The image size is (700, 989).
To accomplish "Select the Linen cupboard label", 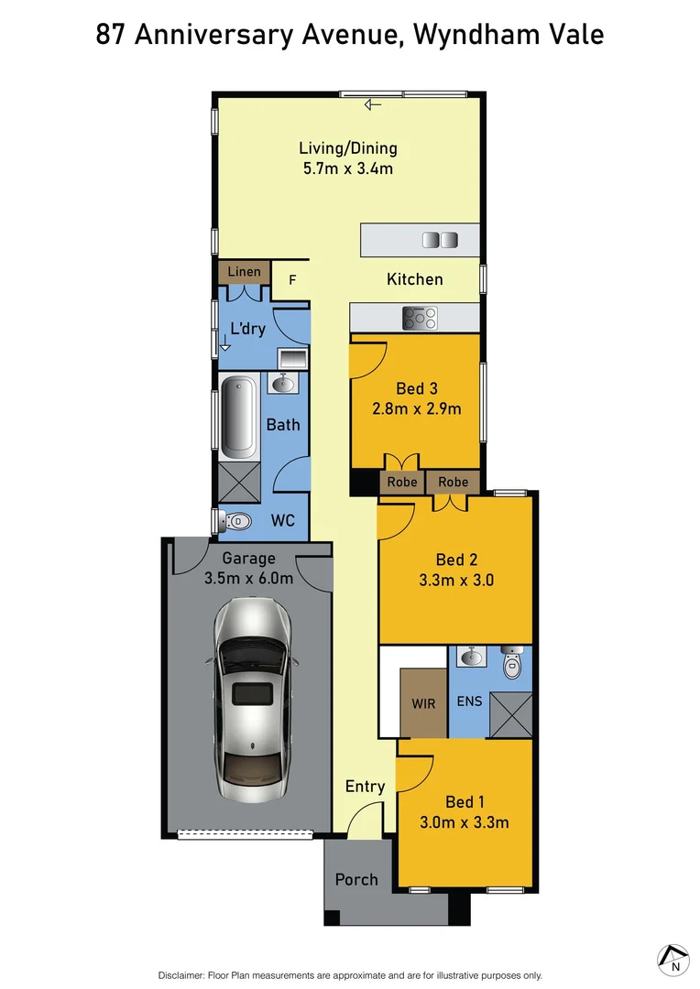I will (244, 272).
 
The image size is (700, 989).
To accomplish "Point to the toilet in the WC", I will (236, 521).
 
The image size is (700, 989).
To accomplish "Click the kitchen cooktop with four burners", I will (420, 319).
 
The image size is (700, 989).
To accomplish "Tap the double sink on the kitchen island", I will (438, 240).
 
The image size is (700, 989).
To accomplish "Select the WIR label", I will (423, 703).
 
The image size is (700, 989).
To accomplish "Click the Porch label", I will (356, 879).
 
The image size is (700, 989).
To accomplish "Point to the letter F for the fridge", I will (292, 280).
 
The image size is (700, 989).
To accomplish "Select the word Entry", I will (365, 787).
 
